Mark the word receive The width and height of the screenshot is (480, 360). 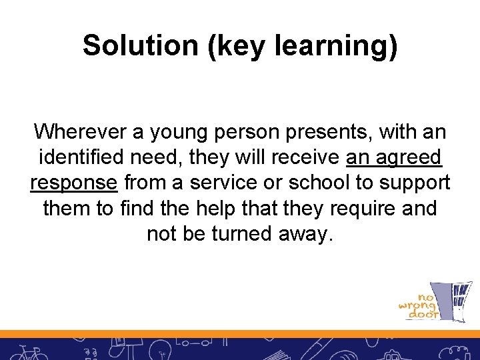pyautogui.click(x=308, y=157)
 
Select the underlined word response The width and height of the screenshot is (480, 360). pyautogui.click(x=73, y=183)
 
